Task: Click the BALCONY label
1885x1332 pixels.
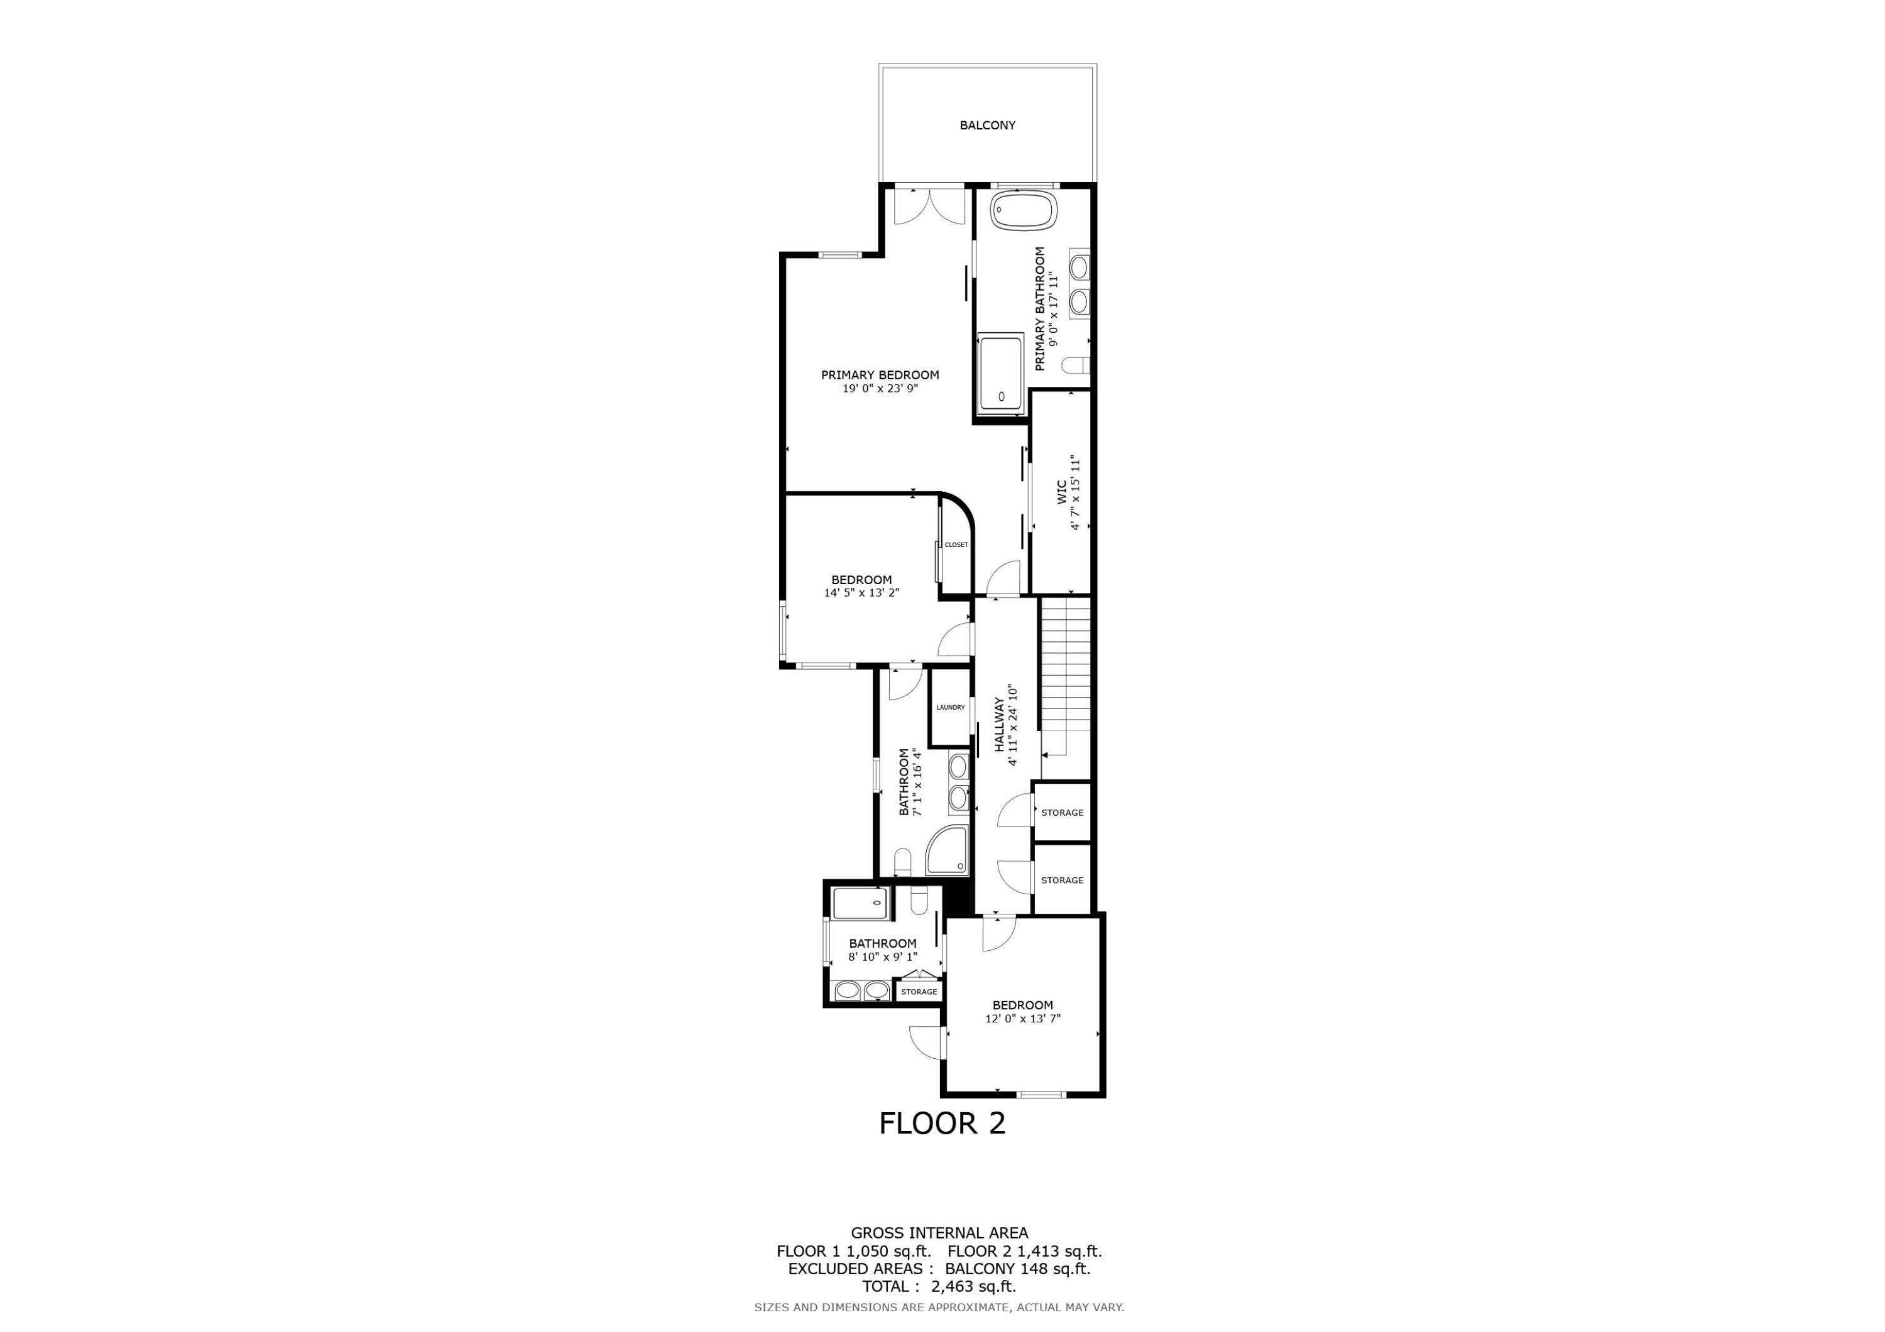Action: [x=987, y=126]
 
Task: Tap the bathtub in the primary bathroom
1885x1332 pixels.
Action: [x=1023, y=212]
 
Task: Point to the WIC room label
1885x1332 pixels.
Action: [x=1061, y=492]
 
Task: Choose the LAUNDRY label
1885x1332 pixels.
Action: [x=950, y=707]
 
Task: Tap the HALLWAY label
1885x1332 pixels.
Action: [x=999, y=725]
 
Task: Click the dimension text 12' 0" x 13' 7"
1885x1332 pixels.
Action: [x=1022, y=1019]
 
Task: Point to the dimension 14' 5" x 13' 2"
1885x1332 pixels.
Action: [x=861, y=593]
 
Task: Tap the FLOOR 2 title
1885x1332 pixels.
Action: [x=942, y=1124]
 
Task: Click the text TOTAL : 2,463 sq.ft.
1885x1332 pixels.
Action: [x=938, y=1287]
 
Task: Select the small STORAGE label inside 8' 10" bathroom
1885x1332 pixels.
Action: [x=919, y=992]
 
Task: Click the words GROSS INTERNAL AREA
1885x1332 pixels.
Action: [x=938, y=1233]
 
